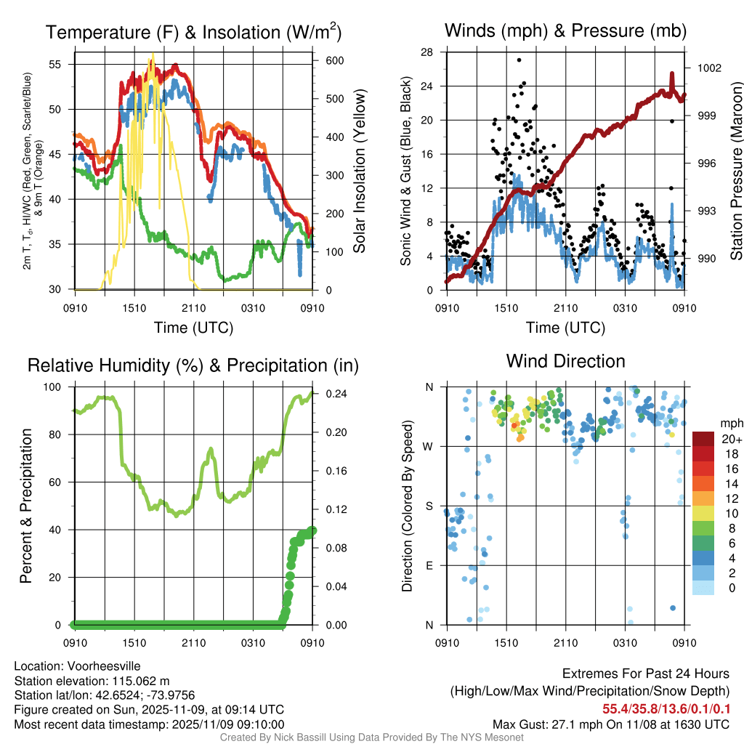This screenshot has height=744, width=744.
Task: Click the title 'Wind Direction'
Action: (565, 361)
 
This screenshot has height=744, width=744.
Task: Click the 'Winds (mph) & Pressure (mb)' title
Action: (565, 31)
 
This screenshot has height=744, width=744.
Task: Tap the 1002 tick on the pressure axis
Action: (708, 68)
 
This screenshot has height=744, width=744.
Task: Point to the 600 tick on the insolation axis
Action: (335, 60)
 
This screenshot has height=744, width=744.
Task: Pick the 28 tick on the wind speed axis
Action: (427, 52)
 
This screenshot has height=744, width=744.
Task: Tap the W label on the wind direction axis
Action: (429, 446)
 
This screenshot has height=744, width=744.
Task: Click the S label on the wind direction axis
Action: (429, 506)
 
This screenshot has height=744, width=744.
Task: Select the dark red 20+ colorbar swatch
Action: (703, 439)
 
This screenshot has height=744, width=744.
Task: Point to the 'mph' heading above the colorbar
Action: (729, 423)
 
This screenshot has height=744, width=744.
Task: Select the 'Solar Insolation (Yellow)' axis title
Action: (359, 171)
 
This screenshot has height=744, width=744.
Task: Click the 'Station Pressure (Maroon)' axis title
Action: (736, 171)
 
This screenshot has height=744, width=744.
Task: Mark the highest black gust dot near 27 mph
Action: (519, 60)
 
